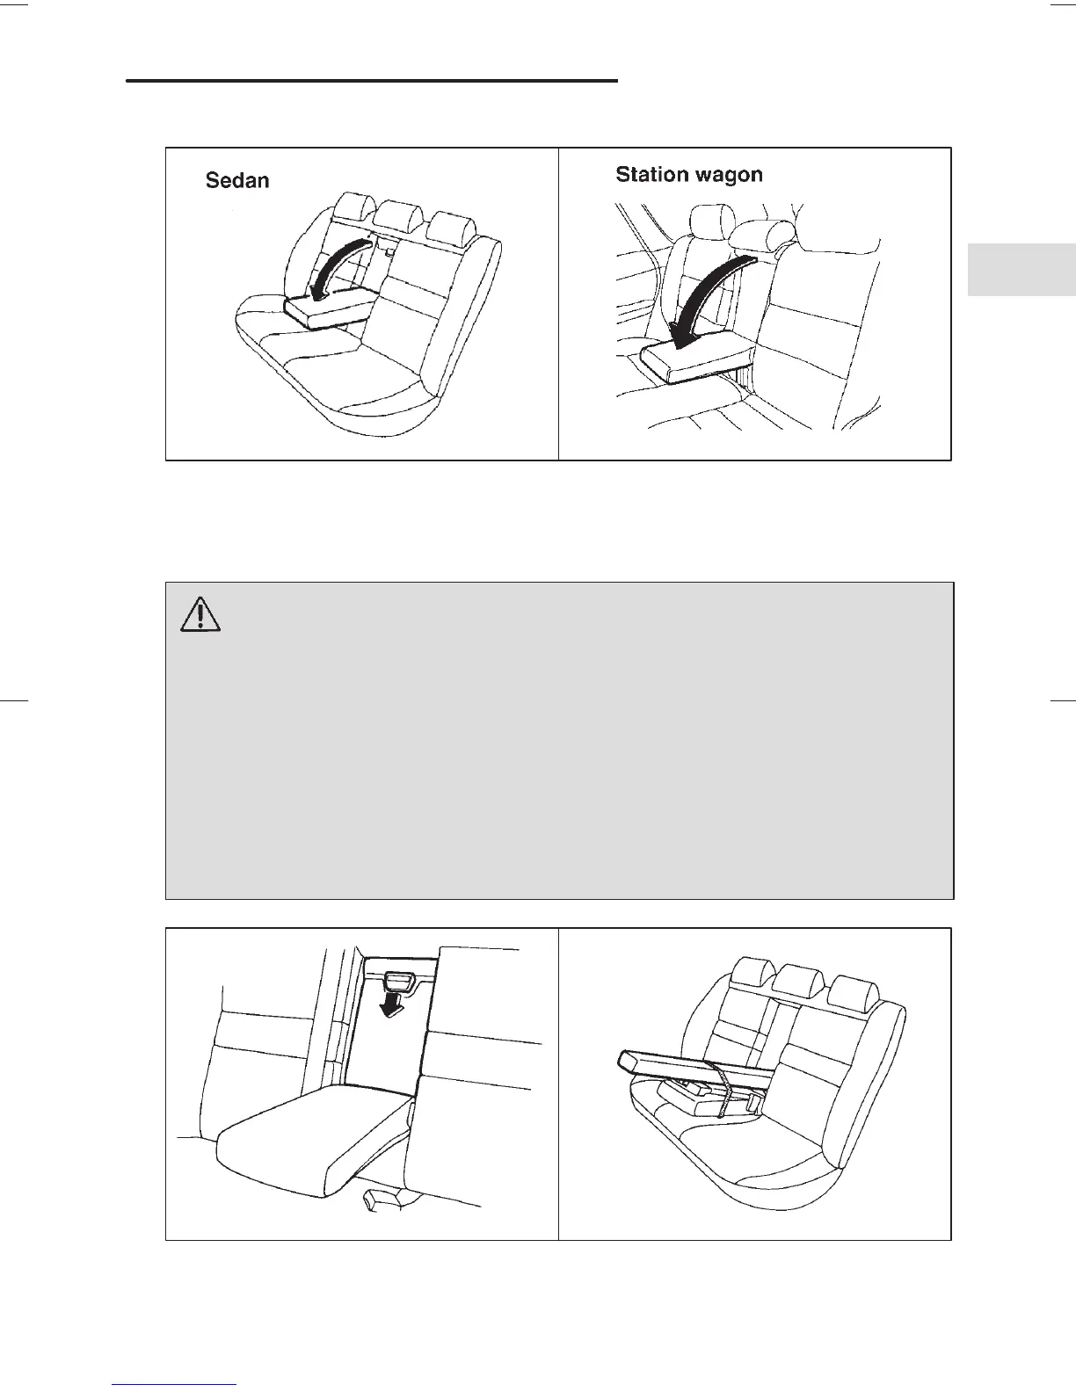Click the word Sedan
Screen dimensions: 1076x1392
[237, 180]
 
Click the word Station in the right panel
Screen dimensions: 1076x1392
[651, 174]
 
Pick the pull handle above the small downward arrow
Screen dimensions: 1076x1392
[400, 980]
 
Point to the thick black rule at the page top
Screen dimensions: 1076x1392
[372, 81]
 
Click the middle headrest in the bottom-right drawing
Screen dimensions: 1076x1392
[795, 980]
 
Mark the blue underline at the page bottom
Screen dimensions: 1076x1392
[175, 1385]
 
